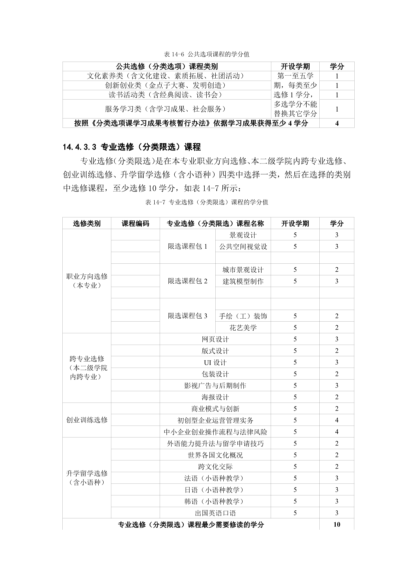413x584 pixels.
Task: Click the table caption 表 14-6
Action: point(207,54)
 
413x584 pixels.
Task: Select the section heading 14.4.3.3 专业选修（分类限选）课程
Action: point(132,147)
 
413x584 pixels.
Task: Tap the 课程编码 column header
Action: point(135,223)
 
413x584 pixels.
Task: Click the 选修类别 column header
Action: point(87,223)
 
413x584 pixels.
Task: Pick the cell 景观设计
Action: point(243,235)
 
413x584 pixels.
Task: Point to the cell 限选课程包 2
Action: point(187,281)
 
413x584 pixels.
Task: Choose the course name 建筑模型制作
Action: point(243,281)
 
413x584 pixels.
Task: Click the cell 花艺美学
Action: point(243,328)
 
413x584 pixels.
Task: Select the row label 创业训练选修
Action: point(87,420)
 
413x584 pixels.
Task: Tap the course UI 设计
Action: point(215,362)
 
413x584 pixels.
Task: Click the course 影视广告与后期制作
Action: point(215,386)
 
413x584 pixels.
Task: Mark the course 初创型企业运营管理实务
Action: point(215,421)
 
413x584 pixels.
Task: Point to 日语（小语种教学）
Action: point(215,490)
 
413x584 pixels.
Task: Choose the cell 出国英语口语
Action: point(215,513)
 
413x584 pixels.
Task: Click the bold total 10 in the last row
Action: point(337,525)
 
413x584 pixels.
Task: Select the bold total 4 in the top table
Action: point(337,123)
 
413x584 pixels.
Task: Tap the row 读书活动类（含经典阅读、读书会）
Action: point(165,95)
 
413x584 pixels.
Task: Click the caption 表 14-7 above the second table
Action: point(207,202)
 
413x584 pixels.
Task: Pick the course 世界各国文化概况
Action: point(215,455)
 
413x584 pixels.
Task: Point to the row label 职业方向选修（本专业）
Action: point(87,281)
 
